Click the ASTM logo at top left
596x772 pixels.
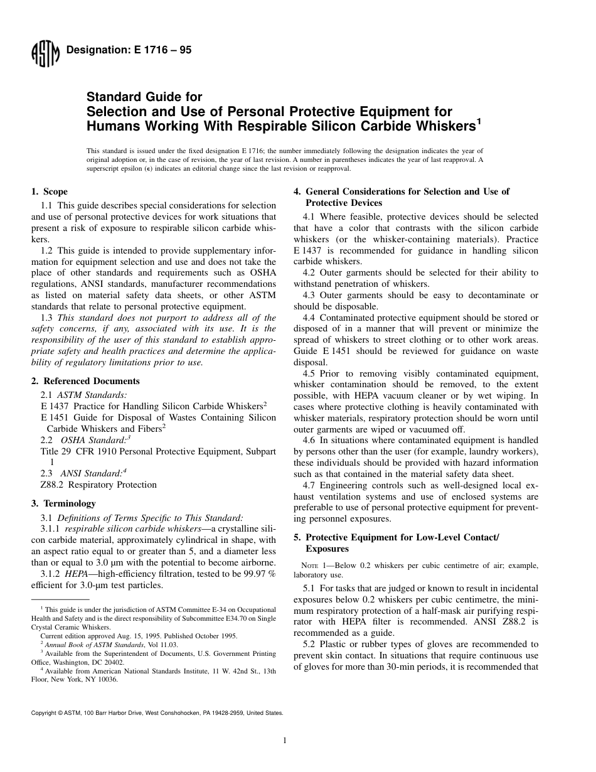pyautogui.click(x=45, y=55)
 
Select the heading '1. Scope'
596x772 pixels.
pyautogui.click(x=50, y=191)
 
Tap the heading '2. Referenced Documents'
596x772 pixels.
pyautogui.click(x=85, y=381)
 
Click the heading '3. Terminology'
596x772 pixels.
pyautogui.click(x=63, y=503)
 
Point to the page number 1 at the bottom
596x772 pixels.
pyautogui.click(x=285, y=741)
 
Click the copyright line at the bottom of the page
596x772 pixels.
pyautogui.click(x=157, y=713)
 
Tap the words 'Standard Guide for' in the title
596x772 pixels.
pyautogui.click(x=144, y=97)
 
